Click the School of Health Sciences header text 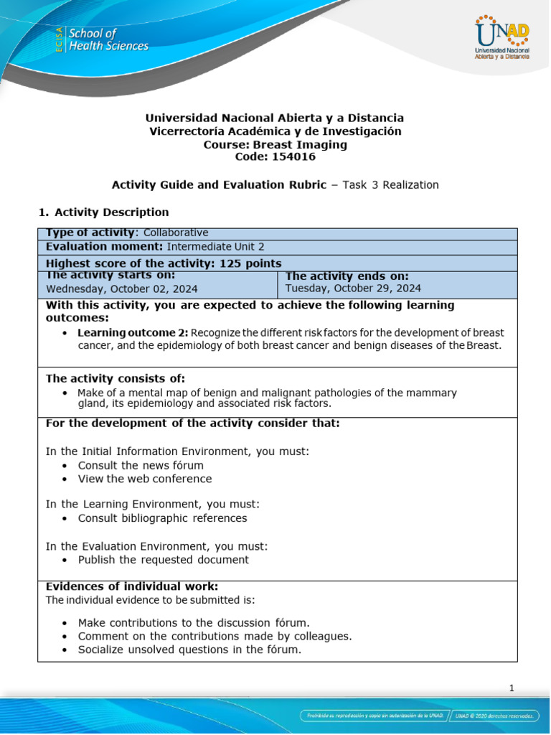click(107, 40)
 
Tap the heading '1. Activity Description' click(103, 212)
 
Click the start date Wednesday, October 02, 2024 click(122, 289)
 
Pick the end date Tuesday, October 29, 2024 click(353, 289)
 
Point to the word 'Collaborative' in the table click(176, 233)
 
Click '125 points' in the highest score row click(245, 263)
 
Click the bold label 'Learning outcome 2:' click(133, 333)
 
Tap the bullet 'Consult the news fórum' click(141, 465)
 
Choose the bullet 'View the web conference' click(145, 479)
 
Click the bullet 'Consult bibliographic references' click(162, 518)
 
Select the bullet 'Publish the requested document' click(164, 560)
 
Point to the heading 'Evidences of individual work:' click(132, 586)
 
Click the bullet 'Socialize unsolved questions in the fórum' click(189, 650)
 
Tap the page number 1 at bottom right click(512, 688)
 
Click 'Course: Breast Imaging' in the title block click(275, 144)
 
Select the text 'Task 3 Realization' click(390, 185)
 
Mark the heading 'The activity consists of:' click(116, 378)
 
